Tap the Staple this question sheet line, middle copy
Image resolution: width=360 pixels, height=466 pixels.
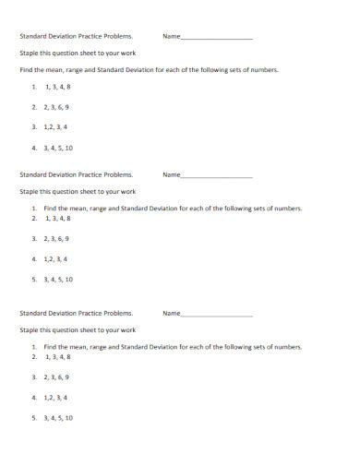[78, 192]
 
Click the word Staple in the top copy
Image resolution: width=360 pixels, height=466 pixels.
[30, 54]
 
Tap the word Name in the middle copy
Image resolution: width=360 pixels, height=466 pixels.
[171, 174]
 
